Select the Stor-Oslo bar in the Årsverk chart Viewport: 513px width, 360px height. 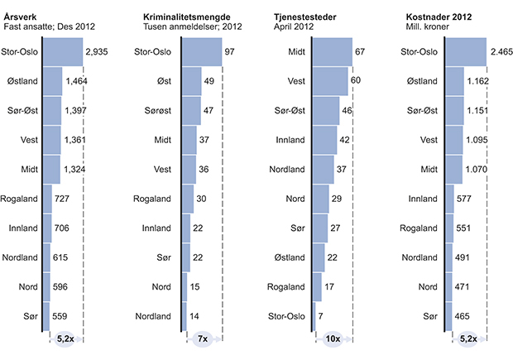pos(62,51)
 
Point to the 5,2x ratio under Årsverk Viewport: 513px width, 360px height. pos(65,338)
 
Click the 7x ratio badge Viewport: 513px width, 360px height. pos(203,338)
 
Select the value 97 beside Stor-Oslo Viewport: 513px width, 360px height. pos(229,51)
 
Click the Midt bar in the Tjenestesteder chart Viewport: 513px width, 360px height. pos(333,51)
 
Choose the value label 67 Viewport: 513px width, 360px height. pos(360,51)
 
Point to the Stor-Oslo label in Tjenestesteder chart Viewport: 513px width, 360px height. pos(290,315)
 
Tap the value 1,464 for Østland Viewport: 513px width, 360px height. pos(78,81)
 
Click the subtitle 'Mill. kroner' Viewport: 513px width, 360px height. pos(428,26)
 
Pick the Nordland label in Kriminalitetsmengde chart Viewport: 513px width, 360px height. pos(155,315)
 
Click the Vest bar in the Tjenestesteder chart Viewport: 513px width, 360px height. pos(331,81)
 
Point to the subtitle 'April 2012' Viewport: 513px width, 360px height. pos(293,26)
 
